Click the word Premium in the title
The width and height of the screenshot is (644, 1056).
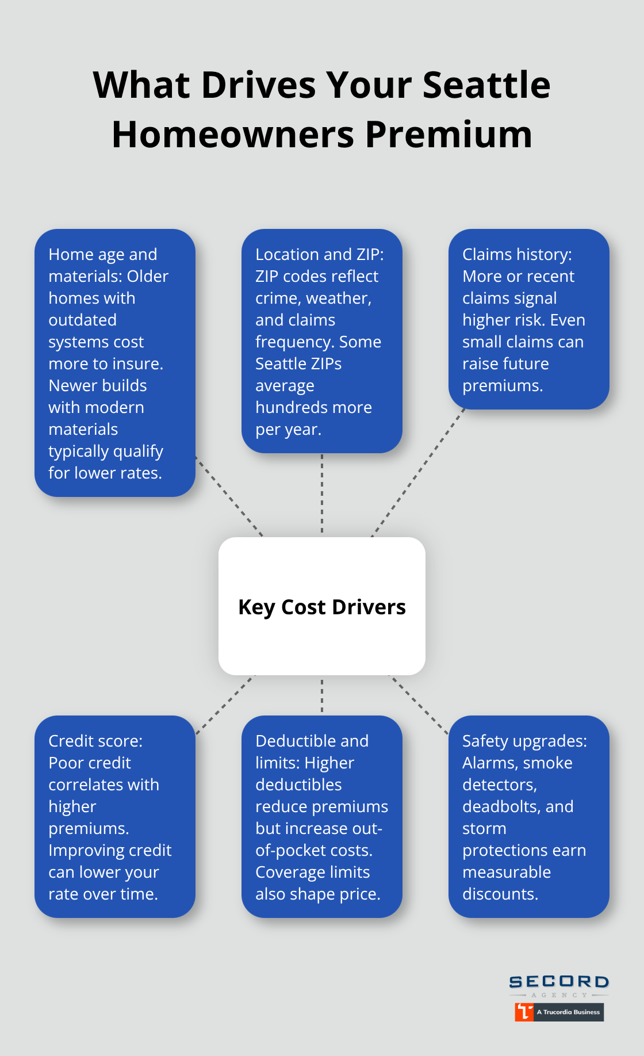[x=448, y=135]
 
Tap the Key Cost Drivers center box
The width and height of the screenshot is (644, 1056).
[x=322, y=606]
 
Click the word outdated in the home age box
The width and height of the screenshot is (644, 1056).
[x=82, y=320]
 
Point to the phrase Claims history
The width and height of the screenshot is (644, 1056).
[x=516, y=255]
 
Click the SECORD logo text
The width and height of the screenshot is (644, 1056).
[x=559, y=982]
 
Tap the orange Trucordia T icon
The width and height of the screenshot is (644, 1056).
[x=524, y=1012]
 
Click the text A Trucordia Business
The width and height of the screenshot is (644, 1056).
[x=568, y=1012]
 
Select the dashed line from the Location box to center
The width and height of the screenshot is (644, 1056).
[x=322, y=495]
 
